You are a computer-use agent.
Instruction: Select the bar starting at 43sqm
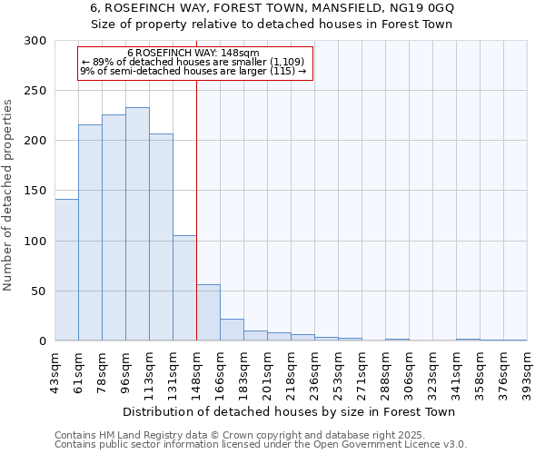pyautogui.click(x=66, y=270)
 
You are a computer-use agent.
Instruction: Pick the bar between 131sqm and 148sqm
pyautogui.click(x=184, y=288)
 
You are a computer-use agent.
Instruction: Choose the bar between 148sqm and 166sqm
pyautogui.click(x=208, y=312)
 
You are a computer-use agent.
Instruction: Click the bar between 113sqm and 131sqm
pyautogui.click(x=161, y=237)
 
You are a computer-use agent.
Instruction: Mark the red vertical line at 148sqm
pyautogui.click(x=196, y=209)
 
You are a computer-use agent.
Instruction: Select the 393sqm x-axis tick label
pyautogui.click(x=527, y=370)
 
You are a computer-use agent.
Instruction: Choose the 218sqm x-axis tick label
pyautogui.click(x=291, y=370)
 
